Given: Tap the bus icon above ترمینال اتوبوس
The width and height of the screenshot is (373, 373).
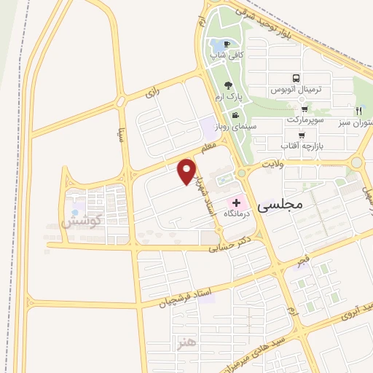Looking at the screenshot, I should tap(296, 79).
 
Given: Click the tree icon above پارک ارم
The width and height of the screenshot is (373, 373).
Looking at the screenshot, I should tap(229, 85).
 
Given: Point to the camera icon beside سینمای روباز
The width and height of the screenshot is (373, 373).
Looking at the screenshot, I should tap(235, 116).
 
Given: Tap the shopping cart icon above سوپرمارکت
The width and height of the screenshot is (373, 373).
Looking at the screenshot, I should tap(294, 109).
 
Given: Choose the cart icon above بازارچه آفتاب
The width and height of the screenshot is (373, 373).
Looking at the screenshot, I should tap(301, 136).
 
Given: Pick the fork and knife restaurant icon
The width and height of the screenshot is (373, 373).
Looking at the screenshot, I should tap(358, 111).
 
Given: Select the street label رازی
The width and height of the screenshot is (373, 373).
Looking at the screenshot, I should tap(152, 93).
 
